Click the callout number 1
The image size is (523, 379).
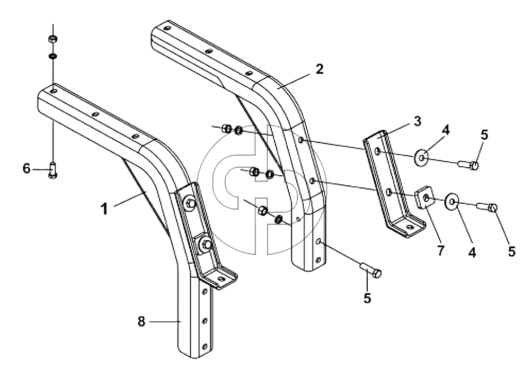coord(104,209)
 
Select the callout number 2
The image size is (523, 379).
coord(319,69)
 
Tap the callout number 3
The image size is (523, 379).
coord(417,121)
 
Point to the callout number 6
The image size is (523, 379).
coord(26,168)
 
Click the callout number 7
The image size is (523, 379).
coord(441,250)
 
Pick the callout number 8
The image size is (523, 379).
coord(141,322)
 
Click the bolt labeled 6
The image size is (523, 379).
coord(53,170)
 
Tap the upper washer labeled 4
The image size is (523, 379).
coord(422,157)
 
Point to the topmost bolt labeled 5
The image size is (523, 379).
coord(468,164)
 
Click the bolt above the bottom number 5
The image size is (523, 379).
coord(370,270)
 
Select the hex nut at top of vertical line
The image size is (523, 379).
coord(52,39)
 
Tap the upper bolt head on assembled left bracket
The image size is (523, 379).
coord(191,203)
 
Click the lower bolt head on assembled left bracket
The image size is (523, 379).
coord(206,245)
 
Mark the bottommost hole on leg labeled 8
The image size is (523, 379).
coord(205,346)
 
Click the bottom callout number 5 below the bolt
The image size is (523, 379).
coord(367,297)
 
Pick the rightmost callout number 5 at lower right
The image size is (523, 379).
coord(512,251)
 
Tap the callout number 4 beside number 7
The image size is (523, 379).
coord(472,252)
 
